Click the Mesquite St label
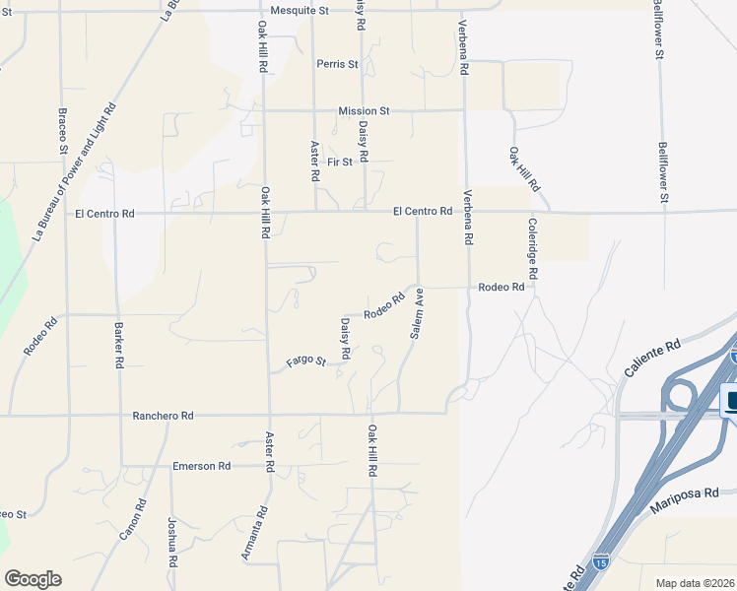tap(302, 10)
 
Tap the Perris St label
tap(338, 64)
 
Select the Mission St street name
tap(364, 111)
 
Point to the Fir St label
tap(340, 162)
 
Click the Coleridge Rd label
tap(533, 252)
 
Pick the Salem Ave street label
tap(417, 314)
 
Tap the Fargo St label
tap(305, 361)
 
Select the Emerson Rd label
tap(201, 466)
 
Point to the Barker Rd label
tap(119, 346)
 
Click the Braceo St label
tap(62, 130)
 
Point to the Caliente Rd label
tap(652, 361)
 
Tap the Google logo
tap(33, 579)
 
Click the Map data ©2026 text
tap(695, 583)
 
